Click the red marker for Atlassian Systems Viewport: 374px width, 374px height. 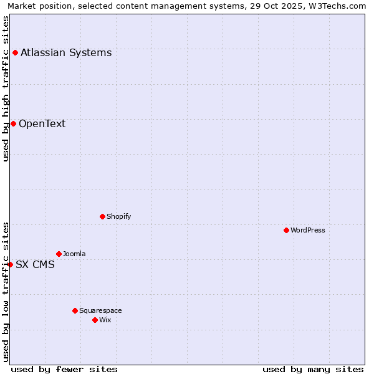coord(15,52)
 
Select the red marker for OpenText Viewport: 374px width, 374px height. coord(13,123)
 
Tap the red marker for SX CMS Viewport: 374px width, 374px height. coord(10,264)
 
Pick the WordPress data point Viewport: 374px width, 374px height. coord(286,230)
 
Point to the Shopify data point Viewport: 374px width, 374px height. coord(102,216)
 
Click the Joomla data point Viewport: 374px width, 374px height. coord(59,254)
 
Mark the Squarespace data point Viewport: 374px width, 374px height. coord(75,310)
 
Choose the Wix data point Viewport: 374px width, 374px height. coord(95,320)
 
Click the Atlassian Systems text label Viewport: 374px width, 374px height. coord(66,52)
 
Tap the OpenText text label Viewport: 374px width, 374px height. coord(42,123)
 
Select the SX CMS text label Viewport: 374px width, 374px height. coord(35,264)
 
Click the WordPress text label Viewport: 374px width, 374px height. coord(308,230)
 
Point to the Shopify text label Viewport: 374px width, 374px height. coord(119,216)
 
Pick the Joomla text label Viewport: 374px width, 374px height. coord(74,254)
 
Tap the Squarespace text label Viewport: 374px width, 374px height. coord(100,310)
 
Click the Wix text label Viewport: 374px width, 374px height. coord(105,320)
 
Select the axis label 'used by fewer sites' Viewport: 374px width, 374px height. coord(64,369)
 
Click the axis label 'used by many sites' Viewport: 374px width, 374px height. coord(313,369)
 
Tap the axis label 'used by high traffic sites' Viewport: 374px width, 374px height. coord(6,89)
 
